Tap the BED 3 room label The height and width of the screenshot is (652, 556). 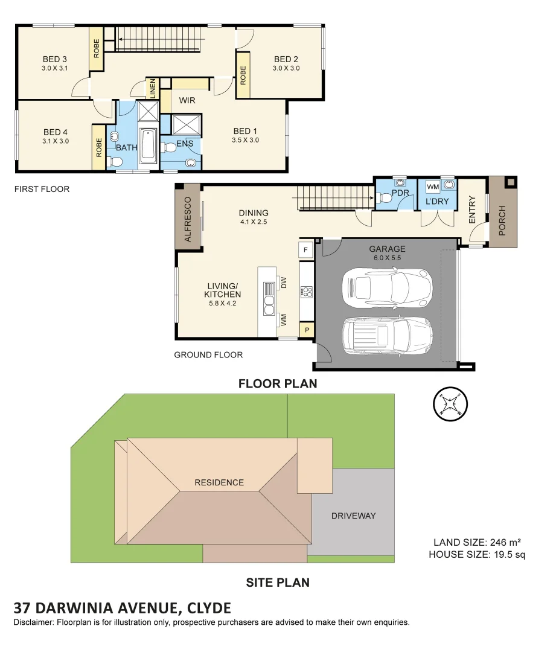(x=55, y=59)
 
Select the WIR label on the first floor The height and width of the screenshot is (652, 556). (x=187, y=100)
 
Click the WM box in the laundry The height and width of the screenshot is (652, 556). (x=433, y=187)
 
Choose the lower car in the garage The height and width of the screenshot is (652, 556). (x=386, y=336)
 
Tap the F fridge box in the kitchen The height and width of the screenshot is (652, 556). (x=305, y=249)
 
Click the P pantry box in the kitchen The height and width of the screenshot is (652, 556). (x=307, y=330)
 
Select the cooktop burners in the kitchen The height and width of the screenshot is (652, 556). (x=306, y=292)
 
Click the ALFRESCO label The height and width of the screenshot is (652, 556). (x=187, y=220)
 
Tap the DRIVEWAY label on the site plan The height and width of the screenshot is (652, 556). (x=353, y=516)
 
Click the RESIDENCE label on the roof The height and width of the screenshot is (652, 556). (x=219, y=482)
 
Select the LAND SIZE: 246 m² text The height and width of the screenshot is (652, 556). (x=477, y=542)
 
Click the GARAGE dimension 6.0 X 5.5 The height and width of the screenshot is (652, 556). (x=387, y=258)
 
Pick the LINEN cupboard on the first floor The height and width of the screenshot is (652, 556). (x=153, y=89)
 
